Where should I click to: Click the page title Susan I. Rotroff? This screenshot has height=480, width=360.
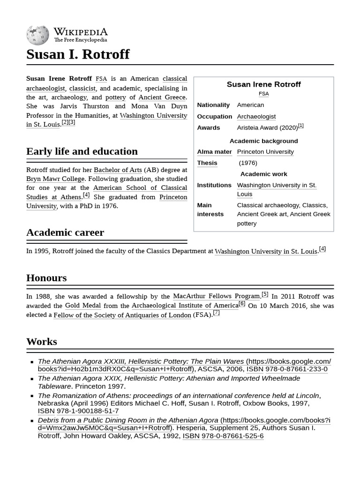pyautogui.click(x=78, y=54)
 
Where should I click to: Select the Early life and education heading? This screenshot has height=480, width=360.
pyautogui.click(x=82, y=151)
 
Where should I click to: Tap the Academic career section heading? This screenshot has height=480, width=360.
pyautogui.click(x=65, y=232)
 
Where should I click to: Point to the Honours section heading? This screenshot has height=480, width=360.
pyautogui.click(x=46, y=278)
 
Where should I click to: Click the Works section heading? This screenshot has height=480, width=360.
pyautogui.click(x=42, y=342)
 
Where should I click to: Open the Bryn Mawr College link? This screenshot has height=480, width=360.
pyautogui.click(x=55, y=179)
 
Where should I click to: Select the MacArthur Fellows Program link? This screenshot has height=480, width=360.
pyautogui.click(x=216, y=296)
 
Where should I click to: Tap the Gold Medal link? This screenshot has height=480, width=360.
pyautogui.click(x=82, y=306)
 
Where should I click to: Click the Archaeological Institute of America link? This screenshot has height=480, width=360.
pyautogui.click(x=185, y=306)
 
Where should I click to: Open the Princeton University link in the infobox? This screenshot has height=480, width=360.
pyautogui.click(x=265, y=152)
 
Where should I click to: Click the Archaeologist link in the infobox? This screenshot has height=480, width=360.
pyautogui.click(x=256, y=116)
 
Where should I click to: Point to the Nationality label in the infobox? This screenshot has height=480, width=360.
pyautogui.click(x=213, y=105)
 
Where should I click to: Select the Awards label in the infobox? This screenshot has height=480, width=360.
pyautogui.click(x=208, y=127)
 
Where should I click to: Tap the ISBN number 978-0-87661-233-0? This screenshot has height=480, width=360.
pyautogui.click(x=296, y=369)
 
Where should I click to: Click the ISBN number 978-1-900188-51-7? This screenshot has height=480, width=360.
pyautogui.click(x=87, y=411)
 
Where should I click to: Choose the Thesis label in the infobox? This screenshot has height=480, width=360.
pyautogui.click(x=207, y=163)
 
